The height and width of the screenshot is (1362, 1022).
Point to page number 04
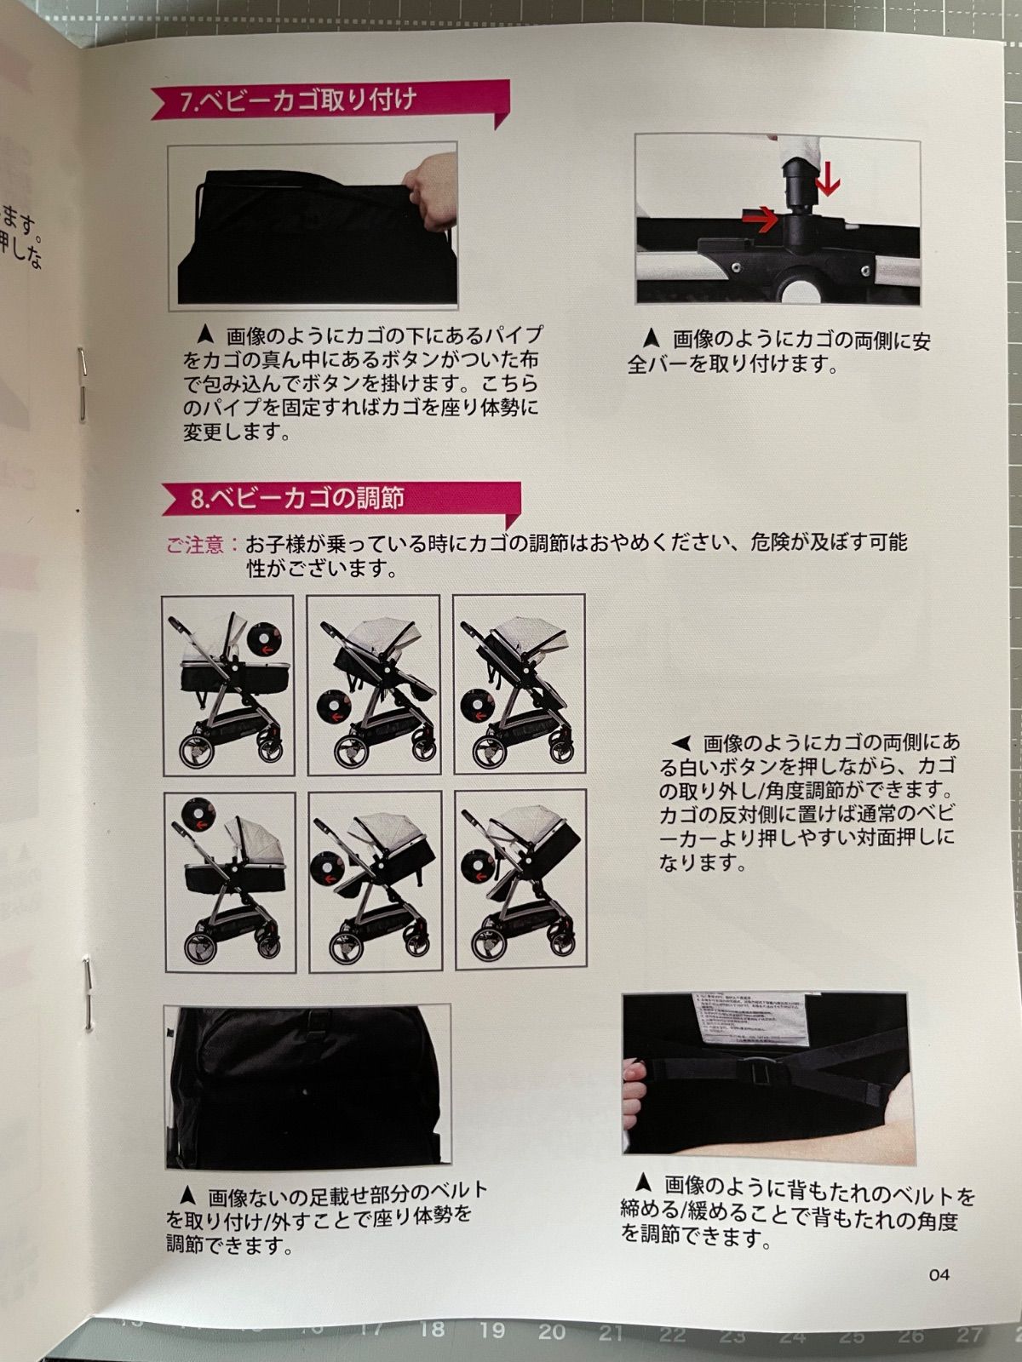[x=939, y=1274]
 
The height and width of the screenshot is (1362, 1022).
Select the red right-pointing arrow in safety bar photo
[x=761, y=220]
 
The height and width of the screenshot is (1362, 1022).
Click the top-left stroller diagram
[x=227, y=684]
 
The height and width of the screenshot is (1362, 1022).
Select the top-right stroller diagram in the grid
[x=519, y=684]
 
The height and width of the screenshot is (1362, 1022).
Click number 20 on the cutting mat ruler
[x=551, y=1331]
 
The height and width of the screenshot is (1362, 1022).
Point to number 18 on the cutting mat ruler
[x=432, y=1329]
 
